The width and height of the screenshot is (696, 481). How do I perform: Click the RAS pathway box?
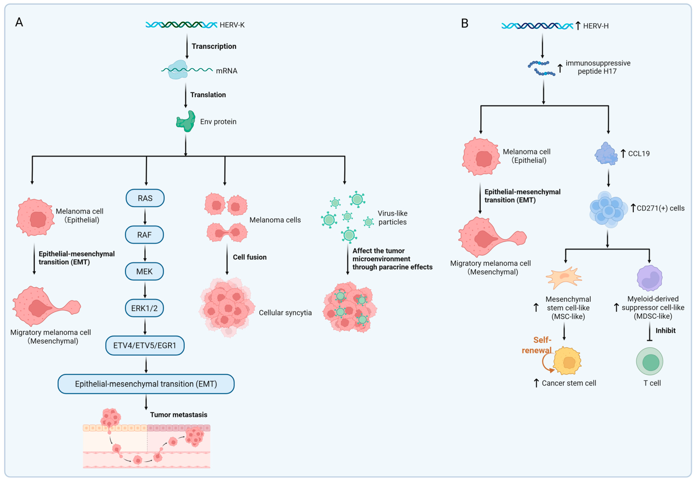point(145,198)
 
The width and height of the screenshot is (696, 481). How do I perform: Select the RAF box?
point(144,235)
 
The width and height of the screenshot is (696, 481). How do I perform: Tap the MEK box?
point(144,272)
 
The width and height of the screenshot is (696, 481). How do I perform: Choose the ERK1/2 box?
point(144,308)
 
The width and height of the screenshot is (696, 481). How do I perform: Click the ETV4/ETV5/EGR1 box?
point(145,345)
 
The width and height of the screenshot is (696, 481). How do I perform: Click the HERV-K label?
point(232,25)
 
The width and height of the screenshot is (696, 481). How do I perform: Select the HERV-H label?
point(596,26)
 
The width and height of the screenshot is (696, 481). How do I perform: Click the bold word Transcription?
point(214,46)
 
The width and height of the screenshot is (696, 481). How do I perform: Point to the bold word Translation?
point(208,95)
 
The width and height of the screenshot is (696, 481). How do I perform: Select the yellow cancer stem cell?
point(567,361)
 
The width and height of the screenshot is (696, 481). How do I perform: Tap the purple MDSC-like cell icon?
point(649,278)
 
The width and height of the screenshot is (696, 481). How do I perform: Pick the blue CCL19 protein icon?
point(606,154)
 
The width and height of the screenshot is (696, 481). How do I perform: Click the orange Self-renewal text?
point(537,345)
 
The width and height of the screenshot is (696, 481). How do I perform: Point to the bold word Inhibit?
point(666,331)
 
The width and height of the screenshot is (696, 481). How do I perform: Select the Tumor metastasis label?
point(179,415)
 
